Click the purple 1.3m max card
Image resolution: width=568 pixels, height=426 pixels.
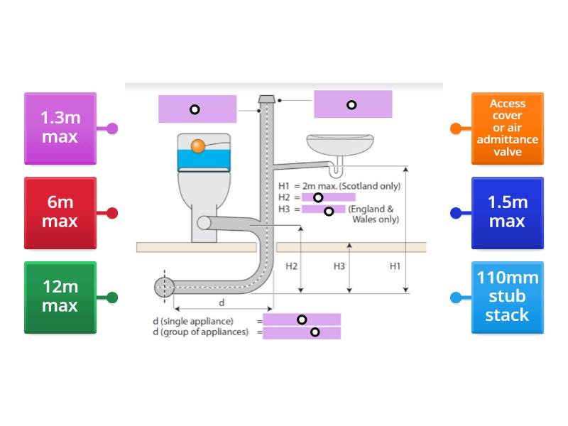[60, 128]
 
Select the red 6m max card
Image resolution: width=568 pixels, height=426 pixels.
[60, 212]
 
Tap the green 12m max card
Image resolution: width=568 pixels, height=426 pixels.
[60, 297]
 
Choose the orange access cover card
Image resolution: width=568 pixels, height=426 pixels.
[507, 128]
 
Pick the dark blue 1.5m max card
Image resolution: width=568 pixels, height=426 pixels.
[507, 212]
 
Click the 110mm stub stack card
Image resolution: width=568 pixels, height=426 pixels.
[507, 297]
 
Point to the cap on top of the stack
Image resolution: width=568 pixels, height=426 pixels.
[268, 99]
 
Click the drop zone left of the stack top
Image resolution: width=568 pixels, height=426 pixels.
[197, 109]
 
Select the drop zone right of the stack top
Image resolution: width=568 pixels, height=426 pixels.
[353, 104]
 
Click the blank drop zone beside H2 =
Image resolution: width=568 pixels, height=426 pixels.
[328, 197]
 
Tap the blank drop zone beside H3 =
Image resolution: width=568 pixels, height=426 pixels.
[324, 209]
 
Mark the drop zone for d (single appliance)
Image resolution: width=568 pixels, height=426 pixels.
[302, 319]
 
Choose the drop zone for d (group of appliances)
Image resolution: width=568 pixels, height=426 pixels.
[302, 332]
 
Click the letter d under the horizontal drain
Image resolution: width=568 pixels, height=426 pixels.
[221, 302]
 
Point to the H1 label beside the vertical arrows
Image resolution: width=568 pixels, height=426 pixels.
[395, 266]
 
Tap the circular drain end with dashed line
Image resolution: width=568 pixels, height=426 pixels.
[164, 287]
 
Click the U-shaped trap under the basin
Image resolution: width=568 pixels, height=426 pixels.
[336, 170]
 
